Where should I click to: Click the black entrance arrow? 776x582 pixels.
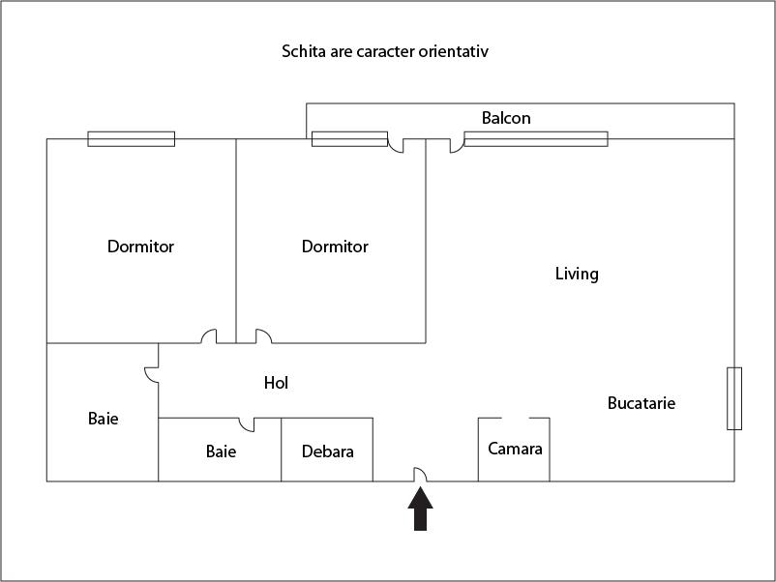pyautogui.click(x=420, y=509)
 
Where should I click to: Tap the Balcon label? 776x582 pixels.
pyautogui.click(x=506, y=118)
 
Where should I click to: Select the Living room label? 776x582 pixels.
pyautogui.click(x=577, y=274)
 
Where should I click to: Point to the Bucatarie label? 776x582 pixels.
pyautogui.click(x=642, y=403)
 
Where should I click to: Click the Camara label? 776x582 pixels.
pyautogui.click(x=515, y=449)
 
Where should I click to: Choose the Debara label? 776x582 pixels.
pyautogui.click(x=327, y=451)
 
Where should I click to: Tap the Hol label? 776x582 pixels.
pyautogui.click(x=276, y=383)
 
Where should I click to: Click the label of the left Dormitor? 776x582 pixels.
pyautogui.click(x=140, y=247)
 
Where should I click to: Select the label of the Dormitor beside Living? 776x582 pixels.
pyautogui.click(x=335, y=247)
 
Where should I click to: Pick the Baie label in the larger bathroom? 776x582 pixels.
pyautogui.click(x=103, y=419)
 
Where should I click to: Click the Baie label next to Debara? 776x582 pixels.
pyautogui.click(x=221, y=451)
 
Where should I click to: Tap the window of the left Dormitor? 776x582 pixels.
pyautogui.click(x=132, y=138)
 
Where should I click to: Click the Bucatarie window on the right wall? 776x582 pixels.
pyautogui.click(x=734, y=398)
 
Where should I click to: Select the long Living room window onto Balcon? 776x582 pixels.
pyautogui.click(x=536, y=138)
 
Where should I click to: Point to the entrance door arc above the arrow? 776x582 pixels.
pyautogui.click(x=421, y=474)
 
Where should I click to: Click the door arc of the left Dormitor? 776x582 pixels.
pyautogui.click(x=209, y=336)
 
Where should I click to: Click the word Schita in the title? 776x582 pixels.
pyautogui.click(x=302, y=51)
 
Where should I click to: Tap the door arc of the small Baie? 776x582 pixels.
pyautogui.click(x=247, y=423)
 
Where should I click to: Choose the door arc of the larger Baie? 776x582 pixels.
pyautogui.click(x=151, y=373)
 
